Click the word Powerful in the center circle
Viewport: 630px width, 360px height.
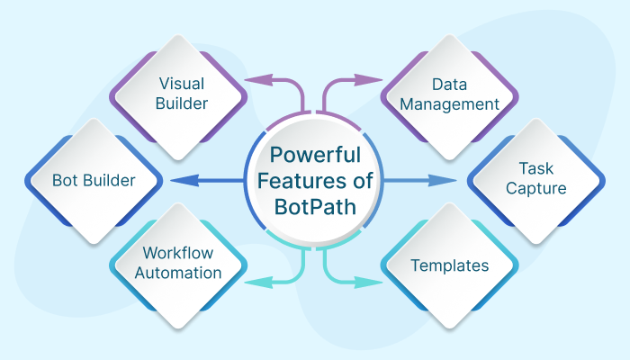[x=315, y=154]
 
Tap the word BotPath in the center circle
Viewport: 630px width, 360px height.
[x=315, y=204]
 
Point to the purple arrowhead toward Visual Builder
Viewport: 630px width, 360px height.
[x=255, y=80]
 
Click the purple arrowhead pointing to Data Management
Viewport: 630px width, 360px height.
[x=375, y=80]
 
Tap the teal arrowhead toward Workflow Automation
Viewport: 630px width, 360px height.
[x=255, y=282]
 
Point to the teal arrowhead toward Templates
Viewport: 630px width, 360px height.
[x=375, y=282]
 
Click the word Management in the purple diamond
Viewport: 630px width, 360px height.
[x=449, y=104]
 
